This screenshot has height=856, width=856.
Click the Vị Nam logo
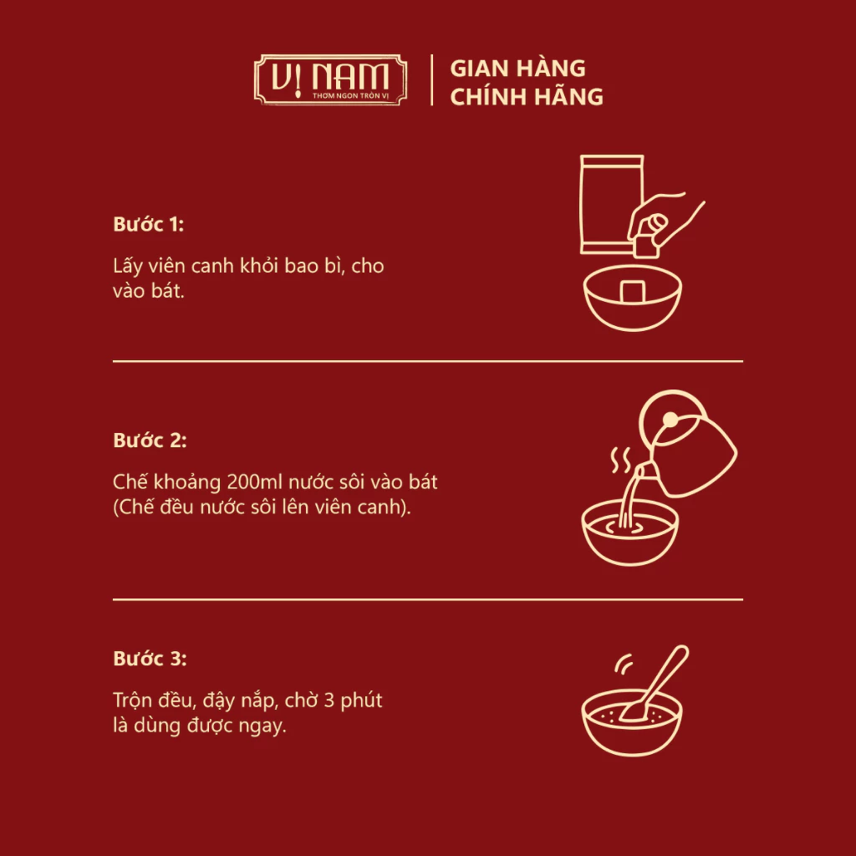point(330,80)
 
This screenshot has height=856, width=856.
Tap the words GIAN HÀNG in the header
point(517,68)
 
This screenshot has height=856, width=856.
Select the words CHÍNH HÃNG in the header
point(527,97)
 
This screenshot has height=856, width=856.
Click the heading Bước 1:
point(148,225)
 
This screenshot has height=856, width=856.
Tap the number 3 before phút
point(328,700)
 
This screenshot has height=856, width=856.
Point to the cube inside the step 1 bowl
point(631,291)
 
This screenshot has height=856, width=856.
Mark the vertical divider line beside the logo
point(431,80)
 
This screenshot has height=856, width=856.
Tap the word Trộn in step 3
point(132,700)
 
